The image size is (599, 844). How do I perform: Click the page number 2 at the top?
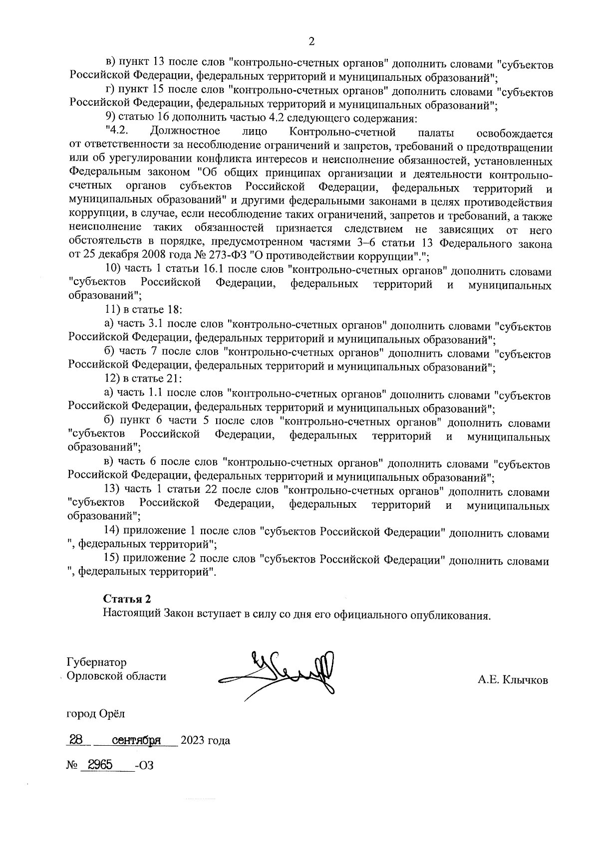(311, 42)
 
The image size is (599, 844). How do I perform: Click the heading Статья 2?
(127, 599)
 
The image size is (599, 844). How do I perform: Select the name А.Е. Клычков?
(513, 680)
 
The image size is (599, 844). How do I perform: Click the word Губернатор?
(97, 662)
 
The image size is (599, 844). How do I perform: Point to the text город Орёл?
(96, 713)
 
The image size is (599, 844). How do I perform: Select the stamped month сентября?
(136, 740)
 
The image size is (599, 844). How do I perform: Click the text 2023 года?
(205, 740)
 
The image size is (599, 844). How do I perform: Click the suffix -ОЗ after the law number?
(144, 766)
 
